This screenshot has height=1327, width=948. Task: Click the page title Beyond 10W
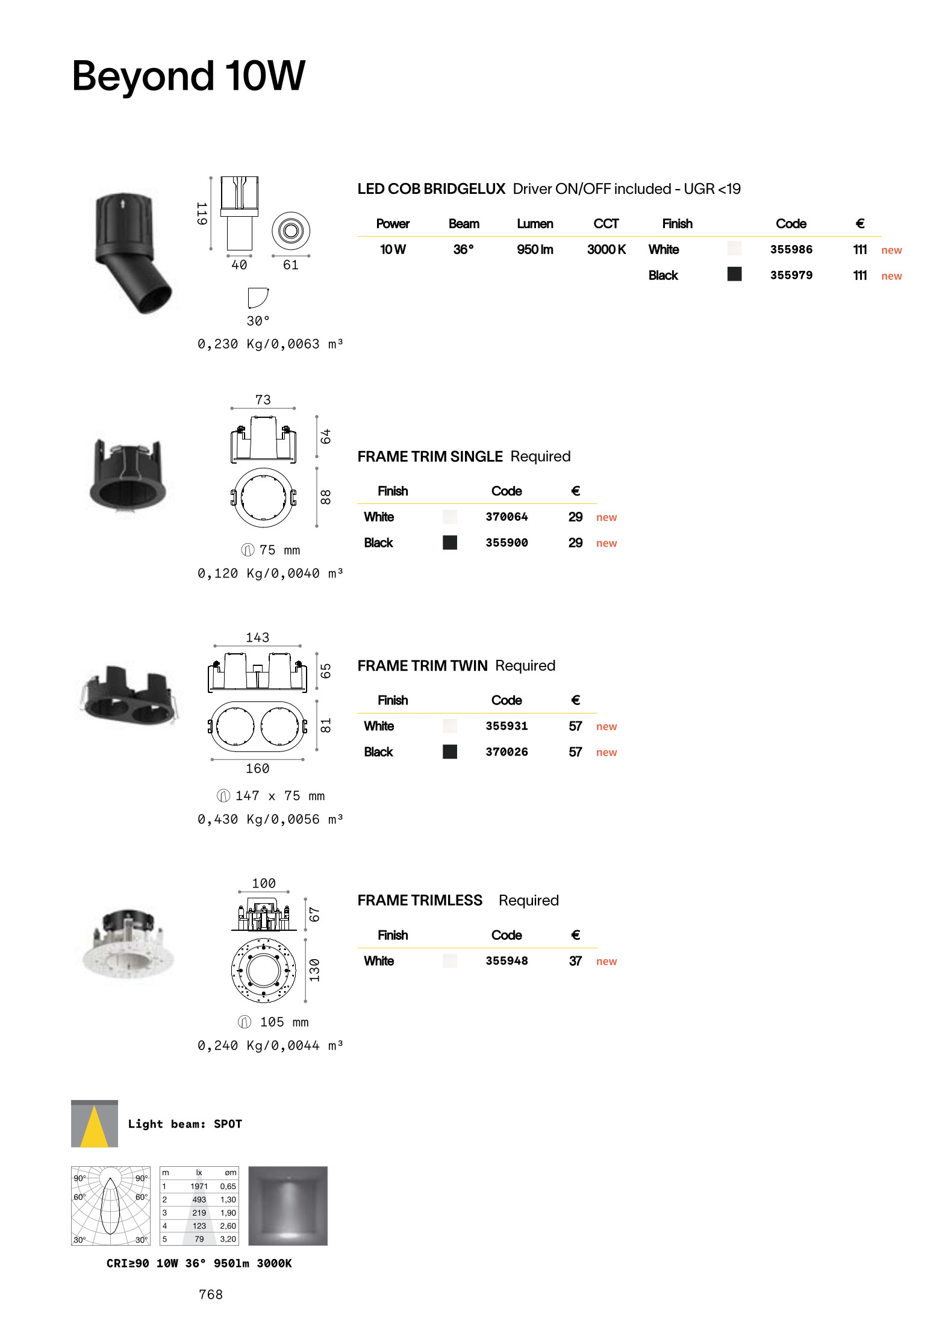(x=189, y=76)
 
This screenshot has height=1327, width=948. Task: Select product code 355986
(x=791, y=249)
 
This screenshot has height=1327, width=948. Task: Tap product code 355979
(x=791, y=275)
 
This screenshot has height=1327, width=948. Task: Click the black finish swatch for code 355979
(x=734, y=274)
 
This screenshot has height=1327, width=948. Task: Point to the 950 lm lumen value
(x=535, y=249)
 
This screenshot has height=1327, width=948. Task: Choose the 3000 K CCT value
(x=607, y=249)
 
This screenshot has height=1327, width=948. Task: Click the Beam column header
(x=464, y=224)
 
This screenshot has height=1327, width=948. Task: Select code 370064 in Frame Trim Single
(x=507, y=517)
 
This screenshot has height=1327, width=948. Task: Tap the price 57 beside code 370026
(x=575, y=752)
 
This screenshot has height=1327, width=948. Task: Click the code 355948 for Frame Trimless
(x=507, y=961)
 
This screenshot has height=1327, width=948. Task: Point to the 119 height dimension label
(x=202, y=214)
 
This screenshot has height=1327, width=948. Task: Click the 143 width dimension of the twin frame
(x=257, y=638)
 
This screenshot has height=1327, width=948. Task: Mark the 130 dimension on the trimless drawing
(x=314, y=970)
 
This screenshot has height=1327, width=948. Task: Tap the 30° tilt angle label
(x=258, y=321)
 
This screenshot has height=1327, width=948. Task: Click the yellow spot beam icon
(x=95, y=1124)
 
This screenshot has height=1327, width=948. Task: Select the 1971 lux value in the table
(x=199, y=1186)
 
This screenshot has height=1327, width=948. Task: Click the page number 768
(x=211, y=1294)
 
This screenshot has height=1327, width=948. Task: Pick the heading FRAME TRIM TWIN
(x=422, y=666)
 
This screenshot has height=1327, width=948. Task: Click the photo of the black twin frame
(x=128, y=694)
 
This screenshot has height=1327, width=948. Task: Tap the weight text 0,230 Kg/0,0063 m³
(x=270, y=344)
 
